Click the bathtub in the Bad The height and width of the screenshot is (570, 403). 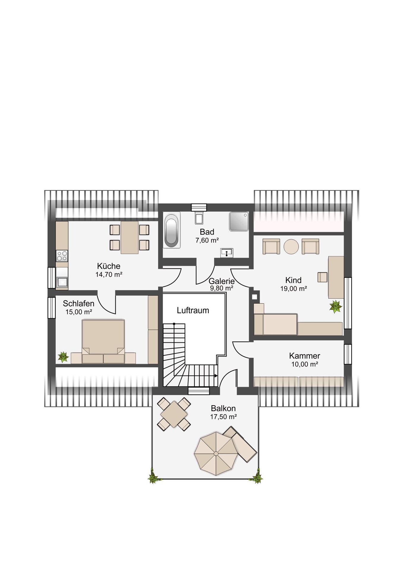172,230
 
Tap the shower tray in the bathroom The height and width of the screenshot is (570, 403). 239,221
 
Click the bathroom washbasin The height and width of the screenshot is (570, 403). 227,253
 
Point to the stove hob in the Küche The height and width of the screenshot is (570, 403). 62,256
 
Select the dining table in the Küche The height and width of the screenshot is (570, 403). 129,237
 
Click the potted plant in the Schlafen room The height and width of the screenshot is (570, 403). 63,357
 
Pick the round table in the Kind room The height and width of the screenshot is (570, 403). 291,246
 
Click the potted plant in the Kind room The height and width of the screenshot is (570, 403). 336,306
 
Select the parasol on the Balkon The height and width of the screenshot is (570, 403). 216,453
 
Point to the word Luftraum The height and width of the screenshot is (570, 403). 193,311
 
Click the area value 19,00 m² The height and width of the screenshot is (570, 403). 293,288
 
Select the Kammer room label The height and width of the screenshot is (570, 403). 305,356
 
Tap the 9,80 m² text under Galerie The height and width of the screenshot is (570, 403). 222,288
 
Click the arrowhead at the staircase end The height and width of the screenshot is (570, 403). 216,376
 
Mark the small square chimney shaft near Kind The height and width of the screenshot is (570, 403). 255,297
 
